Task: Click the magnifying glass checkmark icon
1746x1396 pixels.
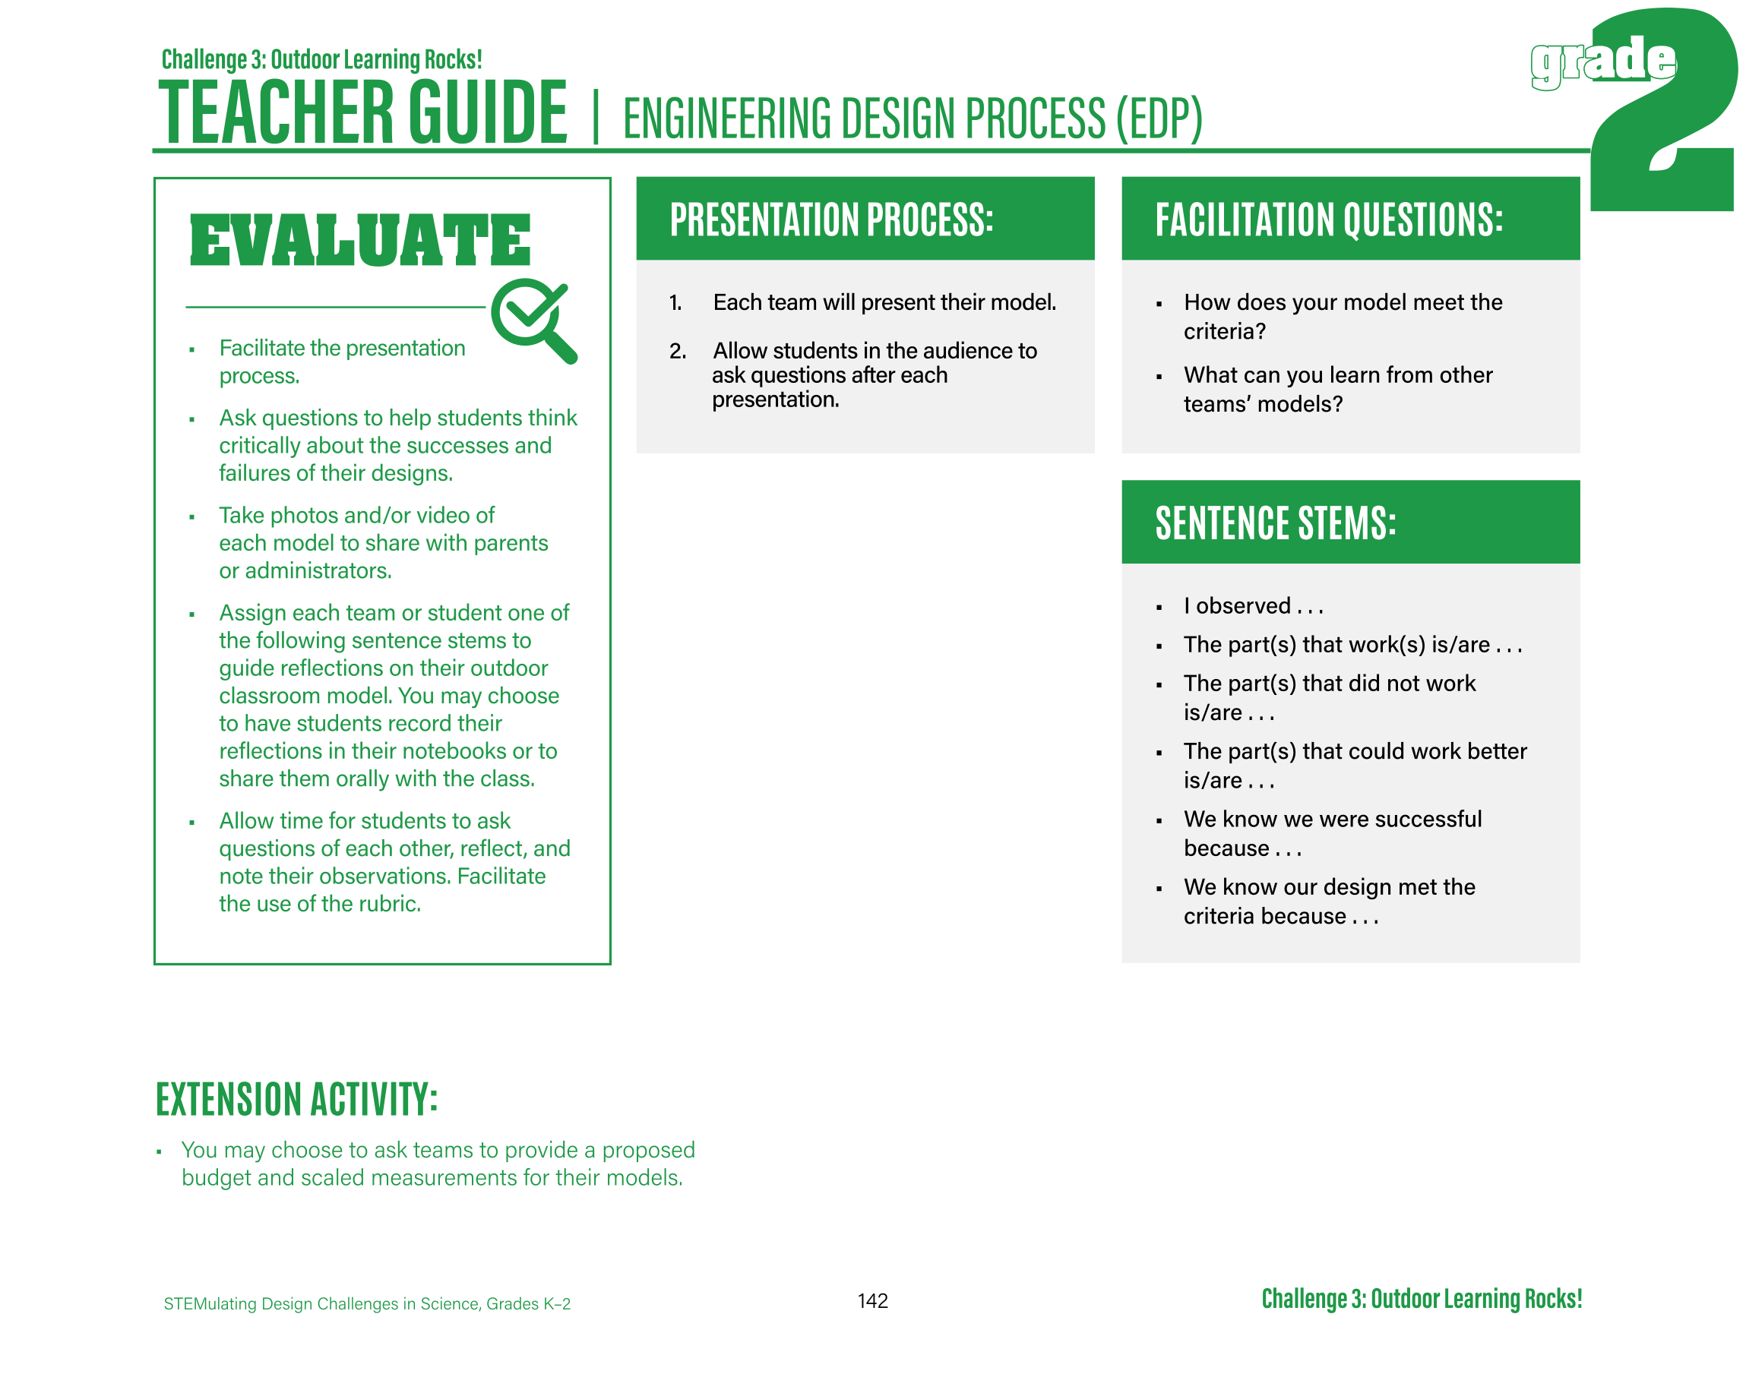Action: (533, 319)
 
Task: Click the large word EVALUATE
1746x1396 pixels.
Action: (359, 241)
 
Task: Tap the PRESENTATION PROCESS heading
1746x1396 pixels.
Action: (831, 220)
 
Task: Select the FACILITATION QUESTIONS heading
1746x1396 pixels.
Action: (1328, 220)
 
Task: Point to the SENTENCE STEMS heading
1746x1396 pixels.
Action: (1275, 523)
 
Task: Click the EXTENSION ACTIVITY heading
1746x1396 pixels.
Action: (296, 1100)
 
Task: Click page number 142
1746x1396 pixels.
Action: (872, 1301)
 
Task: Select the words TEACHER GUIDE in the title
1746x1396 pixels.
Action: (363, 113)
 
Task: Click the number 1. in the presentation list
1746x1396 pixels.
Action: (675, 303)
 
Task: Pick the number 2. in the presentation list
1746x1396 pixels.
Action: (677, 352)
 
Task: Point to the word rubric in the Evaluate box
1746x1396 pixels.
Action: (394, 904)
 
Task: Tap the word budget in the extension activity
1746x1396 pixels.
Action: (217, 1177)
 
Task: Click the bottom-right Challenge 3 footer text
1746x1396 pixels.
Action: (1422, 1299)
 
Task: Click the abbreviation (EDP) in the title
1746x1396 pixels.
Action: (1159, 119)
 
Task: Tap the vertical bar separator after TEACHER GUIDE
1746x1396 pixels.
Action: (595, 118)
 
